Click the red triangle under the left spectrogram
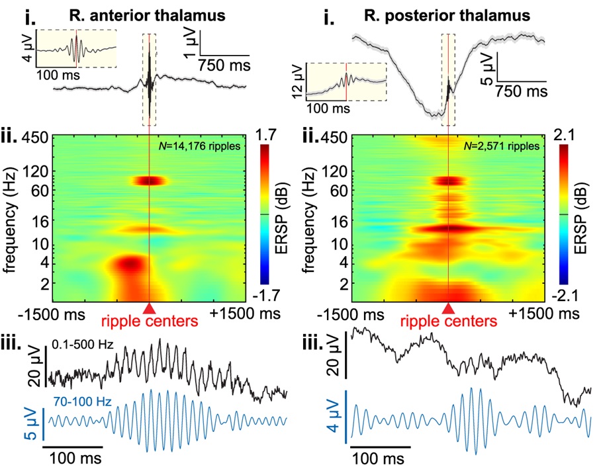click(x=150, y=308)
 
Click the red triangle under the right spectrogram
click(x=449, y=308)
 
